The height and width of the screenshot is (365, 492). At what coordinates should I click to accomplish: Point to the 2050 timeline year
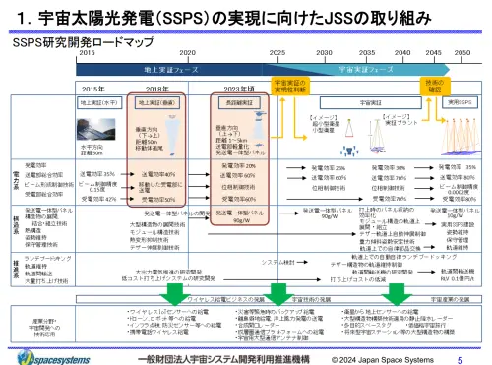(x=460, y=50)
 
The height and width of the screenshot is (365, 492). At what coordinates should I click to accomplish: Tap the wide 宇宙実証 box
(x=350, y=100)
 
